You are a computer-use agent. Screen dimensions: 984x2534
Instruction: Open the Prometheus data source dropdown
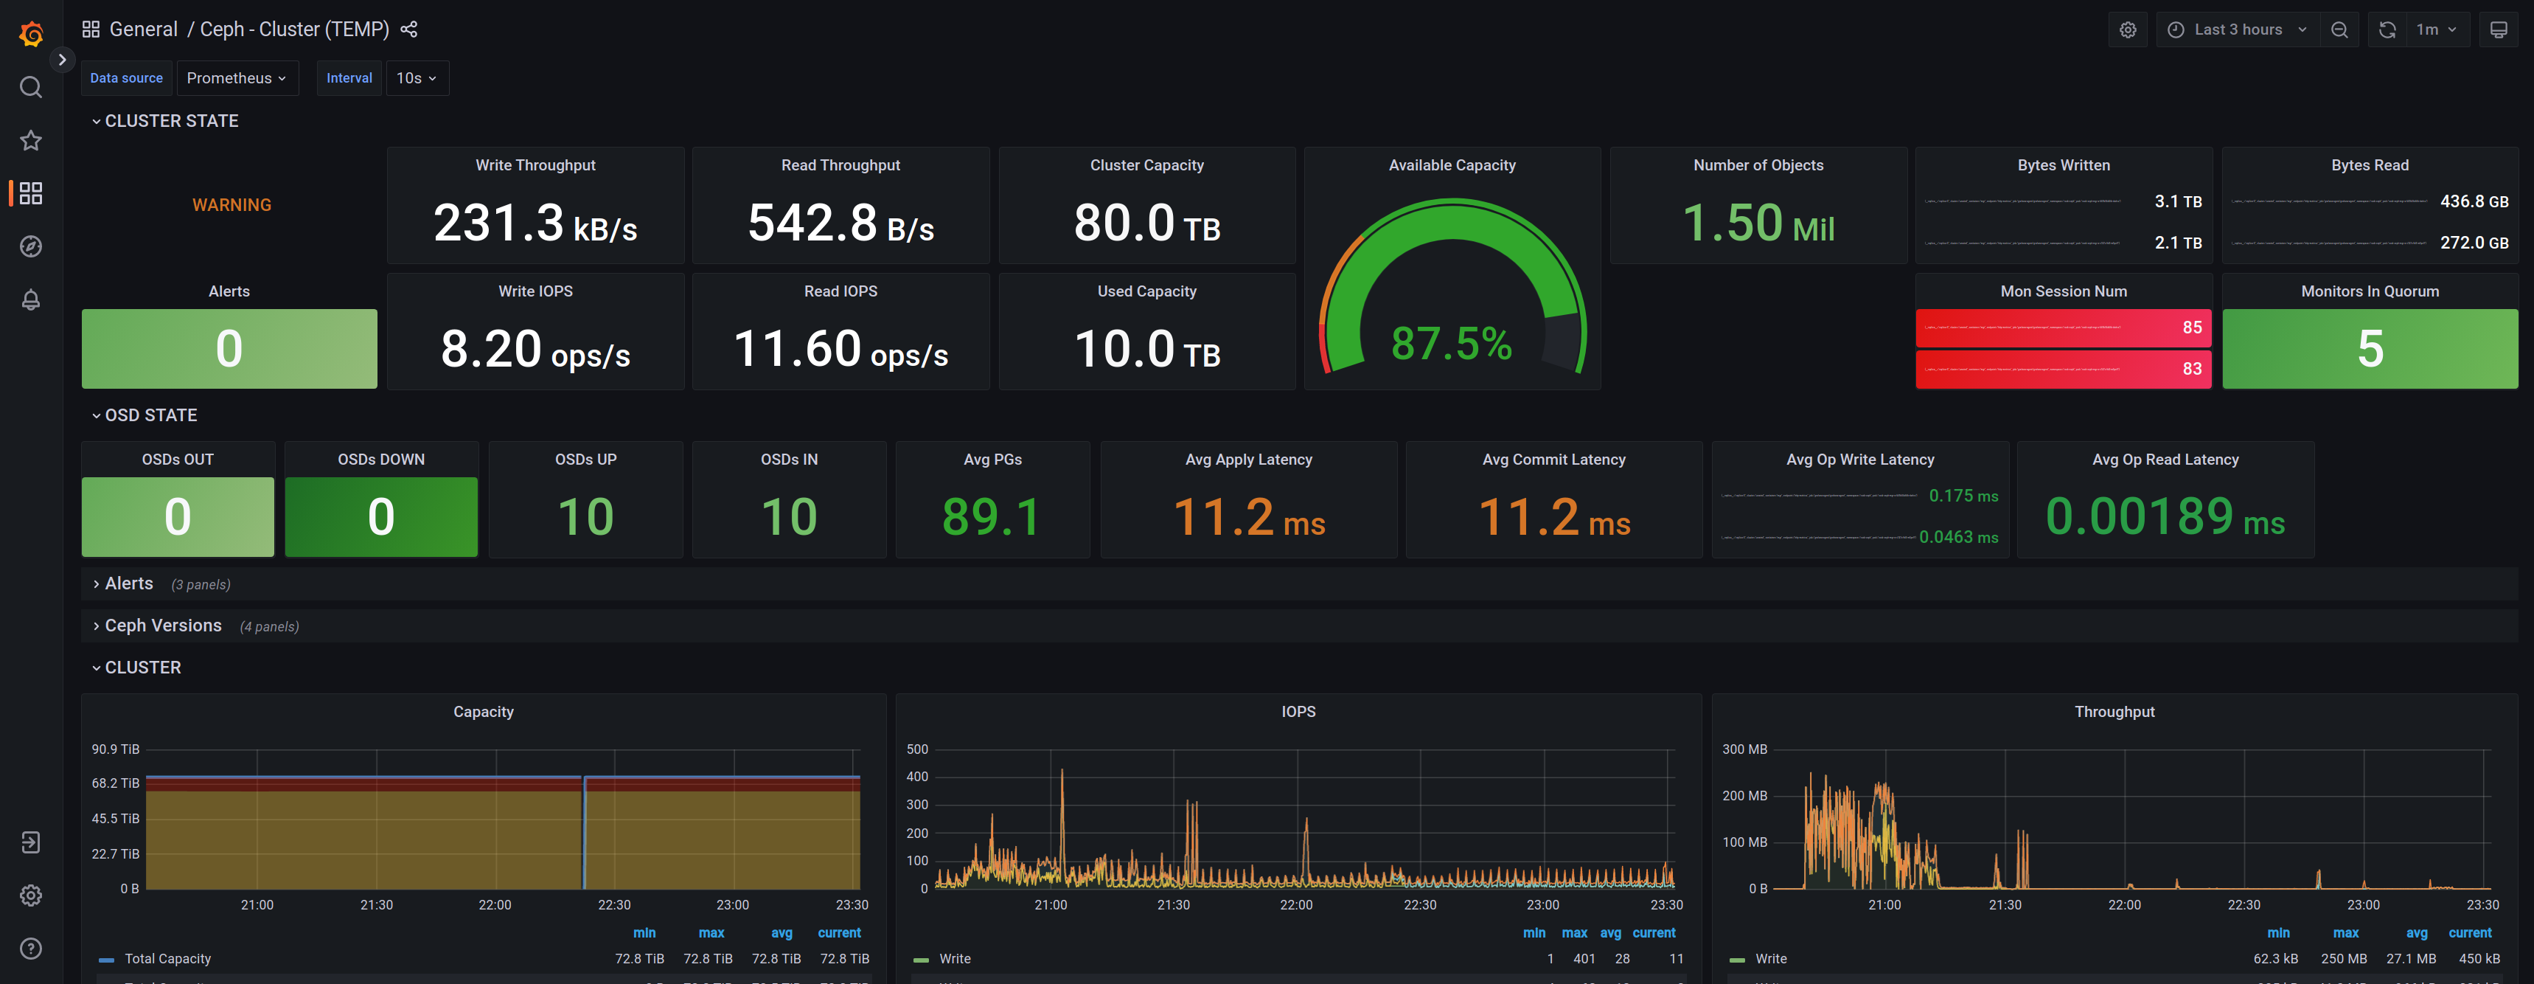click(236, 77)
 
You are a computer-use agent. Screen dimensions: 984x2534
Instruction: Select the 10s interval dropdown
click(416, 77)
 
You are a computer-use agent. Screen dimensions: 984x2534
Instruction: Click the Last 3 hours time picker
click(2237, 30)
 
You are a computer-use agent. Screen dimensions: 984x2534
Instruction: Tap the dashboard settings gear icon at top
click(2128, 30)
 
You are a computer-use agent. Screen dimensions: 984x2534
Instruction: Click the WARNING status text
click(232, 204)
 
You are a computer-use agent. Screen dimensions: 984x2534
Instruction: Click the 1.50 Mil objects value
click(1758, 224)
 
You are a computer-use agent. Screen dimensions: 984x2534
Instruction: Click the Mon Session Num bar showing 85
click(2063, 328)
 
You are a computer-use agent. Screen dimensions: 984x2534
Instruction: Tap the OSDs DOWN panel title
click(380, 460)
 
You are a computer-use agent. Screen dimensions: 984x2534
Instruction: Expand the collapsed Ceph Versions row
click(163, 626)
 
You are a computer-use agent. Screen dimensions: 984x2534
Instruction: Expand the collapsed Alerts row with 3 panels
click(129, 583)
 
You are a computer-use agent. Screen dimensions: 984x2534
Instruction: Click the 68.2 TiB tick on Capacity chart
click(115, 783)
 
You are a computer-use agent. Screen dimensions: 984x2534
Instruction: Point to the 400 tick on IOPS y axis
click(917, 777)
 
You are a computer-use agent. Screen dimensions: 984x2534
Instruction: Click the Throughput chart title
click(2114, 711)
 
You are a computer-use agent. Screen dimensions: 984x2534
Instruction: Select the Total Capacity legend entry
click(167, 958)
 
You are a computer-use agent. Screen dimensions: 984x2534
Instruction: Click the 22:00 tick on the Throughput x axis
click(2124, 904)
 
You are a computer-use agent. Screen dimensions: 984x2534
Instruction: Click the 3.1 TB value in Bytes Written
click(2177, 201)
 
